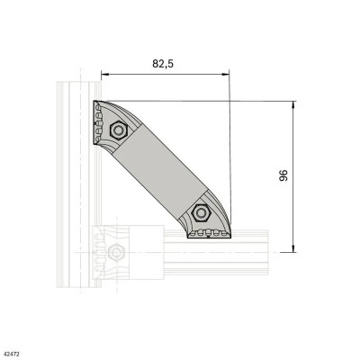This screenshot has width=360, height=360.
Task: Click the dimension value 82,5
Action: pyautogui.click(x=162, y=65)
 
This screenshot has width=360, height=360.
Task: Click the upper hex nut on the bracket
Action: pyautogui.click(x=116, y=130)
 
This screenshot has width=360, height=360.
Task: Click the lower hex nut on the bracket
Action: pyautogui.click(x=202, y=215)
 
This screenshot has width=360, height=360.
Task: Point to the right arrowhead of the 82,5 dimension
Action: pyautogui.click(x=227, y=75)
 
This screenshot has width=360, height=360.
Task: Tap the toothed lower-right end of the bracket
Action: pyautogui.click(x=209, y=234)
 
